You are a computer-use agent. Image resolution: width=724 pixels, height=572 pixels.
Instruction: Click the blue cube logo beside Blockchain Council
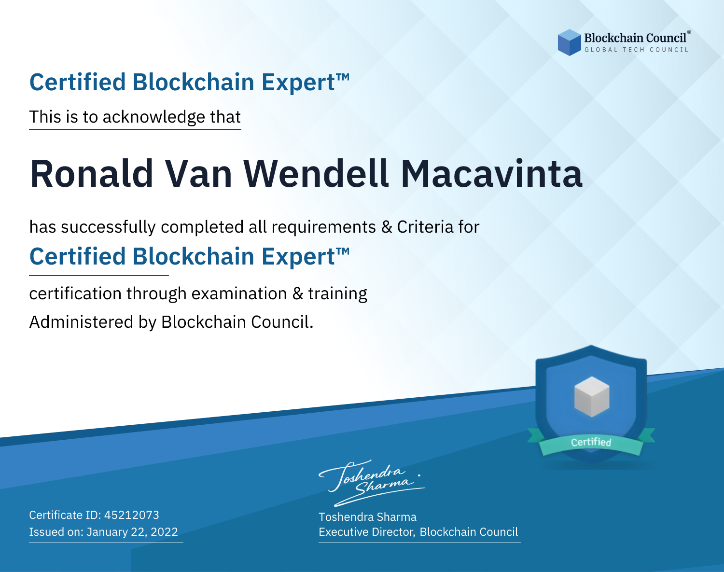point(569,42)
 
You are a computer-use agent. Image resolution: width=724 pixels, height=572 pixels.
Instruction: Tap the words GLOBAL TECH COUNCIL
point(637,50)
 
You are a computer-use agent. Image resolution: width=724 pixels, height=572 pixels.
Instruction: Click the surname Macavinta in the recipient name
point(491,174)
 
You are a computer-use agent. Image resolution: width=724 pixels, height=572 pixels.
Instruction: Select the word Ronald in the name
point(92,174)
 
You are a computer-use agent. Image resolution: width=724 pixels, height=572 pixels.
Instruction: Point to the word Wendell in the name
point(316,174)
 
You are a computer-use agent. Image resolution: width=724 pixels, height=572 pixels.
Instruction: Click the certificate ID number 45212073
point(132,515)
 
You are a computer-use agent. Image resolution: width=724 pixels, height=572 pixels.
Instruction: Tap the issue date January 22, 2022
point(132,532)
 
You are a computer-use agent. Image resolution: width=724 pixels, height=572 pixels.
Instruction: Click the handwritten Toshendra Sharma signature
point(372,483)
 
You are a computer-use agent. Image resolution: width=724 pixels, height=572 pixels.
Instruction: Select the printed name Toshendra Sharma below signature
point(367,517)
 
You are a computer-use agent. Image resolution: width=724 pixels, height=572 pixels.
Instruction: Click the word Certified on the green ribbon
point(591,442)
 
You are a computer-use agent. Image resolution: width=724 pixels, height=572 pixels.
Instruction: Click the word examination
point(239,293)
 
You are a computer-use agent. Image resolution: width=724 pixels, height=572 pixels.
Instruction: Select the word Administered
point(81,321)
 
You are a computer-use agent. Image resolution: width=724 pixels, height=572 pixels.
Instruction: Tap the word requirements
point(324,227)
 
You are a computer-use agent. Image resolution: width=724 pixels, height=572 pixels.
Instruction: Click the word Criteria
point(425,227)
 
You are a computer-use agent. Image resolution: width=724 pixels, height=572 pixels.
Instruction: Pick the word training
point(338,294)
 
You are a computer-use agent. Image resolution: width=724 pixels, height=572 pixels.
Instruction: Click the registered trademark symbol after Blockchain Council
point(689,32)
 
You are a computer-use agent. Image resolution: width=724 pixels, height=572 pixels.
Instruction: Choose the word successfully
point(108,227)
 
